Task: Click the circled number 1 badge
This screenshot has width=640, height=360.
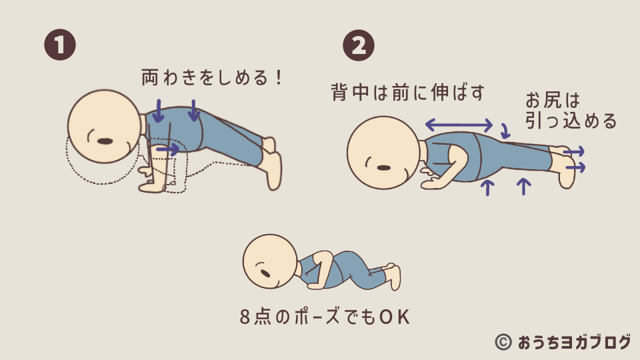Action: [60, 45]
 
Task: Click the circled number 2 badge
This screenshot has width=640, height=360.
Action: [359, 45]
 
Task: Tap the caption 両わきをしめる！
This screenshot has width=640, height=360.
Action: [212, 77]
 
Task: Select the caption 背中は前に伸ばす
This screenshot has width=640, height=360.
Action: [407, 92]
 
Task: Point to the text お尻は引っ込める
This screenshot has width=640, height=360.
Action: [571, 111]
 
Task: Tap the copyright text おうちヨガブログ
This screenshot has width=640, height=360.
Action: [575, 342]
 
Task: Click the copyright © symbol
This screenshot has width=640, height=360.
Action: [503, 342]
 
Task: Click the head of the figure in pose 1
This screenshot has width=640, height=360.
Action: [105, 127]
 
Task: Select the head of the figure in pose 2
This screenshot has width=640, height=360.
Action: [384, 153]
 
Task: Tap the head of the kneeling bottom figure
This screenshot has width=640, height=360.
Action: [270, 262]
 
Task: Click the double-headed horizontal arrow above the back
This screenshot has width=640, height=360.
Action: [459, 125]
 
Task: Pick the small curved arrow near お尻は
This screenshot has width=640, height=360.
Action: [505, 131]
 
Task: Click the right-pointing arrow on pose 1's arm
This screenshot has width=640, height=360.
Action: [168, 149]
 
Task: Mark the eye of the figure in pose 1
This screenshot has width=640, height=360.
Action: [105, 141]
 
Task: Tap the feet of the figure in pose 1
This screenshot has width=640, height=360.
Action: [272, 163]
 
